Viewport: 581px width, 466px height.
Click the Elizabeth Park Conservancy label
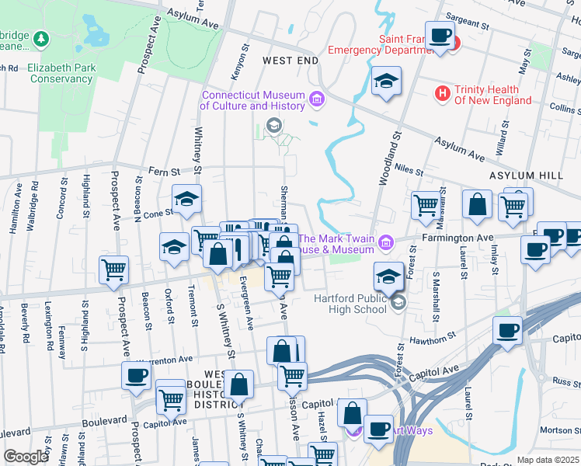point(61,73)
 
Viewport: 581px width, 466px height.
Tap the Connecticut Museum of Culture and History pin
point(316,99)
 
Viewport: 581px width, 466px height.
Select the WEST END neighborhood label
point(290,60)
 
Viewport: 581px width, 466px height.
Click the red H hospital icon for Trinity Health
point(443,94)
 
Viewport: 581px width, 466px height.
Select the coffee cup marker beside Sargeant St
point(440,36)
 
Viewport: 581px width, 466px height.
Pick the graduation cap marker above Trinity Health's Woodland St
point(385,82)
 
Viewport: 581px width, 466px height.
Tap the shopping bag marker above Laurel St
point(476,205)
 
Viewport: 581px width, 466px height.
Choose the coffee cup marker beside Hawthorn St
point(507,329)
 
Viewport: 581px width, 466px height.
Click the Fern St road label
point(164,172)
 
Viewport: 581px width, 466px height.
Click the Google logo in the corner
point(26,457)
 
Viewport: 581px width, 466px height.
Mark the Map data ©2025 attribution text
point(548,460)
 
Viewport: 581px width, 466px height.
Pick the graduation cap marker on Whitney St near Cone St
point(186,200)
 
